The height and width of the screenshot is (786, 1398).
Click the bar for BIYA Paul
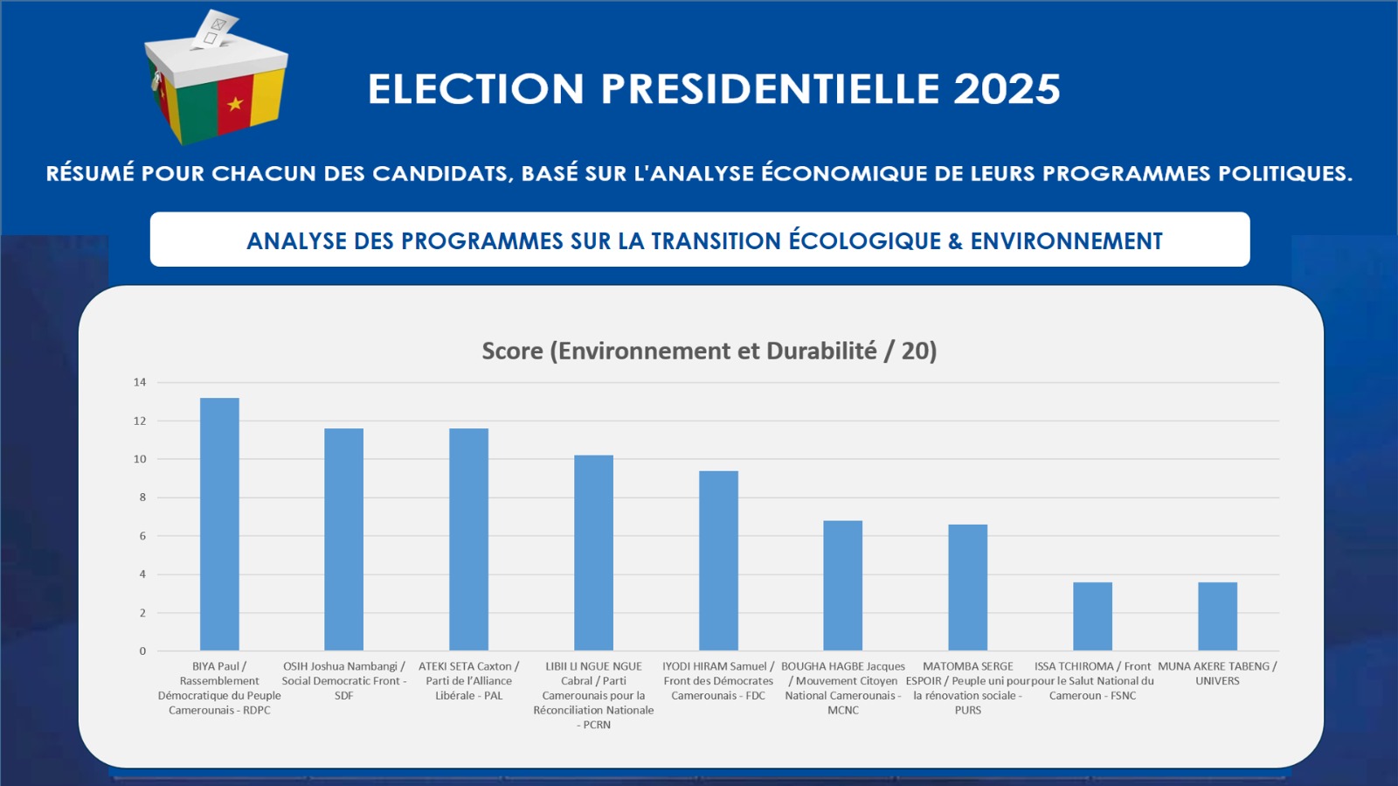pyautogui.click(x=219, y=525)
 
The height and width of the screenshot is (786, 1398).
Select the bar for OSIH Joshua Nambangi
pyautogui.click(x=343, y=539)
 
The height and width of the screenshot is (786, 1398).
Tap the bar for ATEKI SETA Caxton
pyautogui.click(x=468, y=539)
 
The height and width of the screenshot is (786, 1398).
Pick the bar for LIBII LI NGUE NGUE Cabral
pyautogui.click(x=593, y=553)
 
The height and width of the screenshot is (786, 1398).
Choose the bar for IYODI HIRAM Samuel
pyautogui.click(x=718, y=560)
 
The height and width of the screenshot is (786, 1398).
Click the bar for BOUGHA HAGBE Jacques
pyautogui.click(x=842, y=586)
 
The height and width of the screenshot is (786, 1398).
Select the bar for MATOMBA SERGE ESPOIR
pyautogui.click(x=967, y=588)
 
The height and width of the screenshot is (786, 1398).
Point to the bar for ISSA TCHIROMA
pyautogui.click(x=1092, y=616)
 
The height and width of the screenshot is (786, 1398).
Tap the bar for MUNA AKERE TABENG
pyautogui.click(x=1217, y=616)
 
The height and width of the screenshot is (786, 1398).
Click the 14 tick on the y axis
pyautogui.click(x=140, y=382)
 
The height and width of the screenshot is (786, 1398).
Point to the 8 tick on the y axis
pyautogui.click(x=142, y=497)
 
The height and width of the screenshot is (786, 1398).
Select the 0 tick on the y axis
pyautogui.click(x=142, y=650)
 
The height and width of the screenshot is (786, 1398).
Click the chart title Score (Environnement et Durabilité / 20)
pyautogui.click(x=709, y=351)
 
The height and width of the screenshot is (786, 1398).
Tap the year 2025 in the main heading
pyautogui.click(x=1007, y=89)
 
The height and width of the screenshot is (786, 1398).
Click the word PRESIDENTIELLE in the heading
pyautogui.click(x=768, y=89)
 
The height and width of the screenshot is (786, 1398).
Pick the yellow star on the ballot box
pyautogui.click(x=235, y=104)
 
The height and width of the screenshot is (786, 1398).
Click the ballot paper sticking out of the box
pyautogui.click(x=216, y=29)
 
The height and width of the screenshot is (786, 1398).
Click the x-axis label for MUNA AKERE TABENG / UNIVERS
pyautogui.click(x=1217, y=673)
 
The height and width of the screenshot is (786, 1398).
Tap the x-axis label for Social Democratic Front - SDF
pyautogui.click(x=343, y=681)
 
